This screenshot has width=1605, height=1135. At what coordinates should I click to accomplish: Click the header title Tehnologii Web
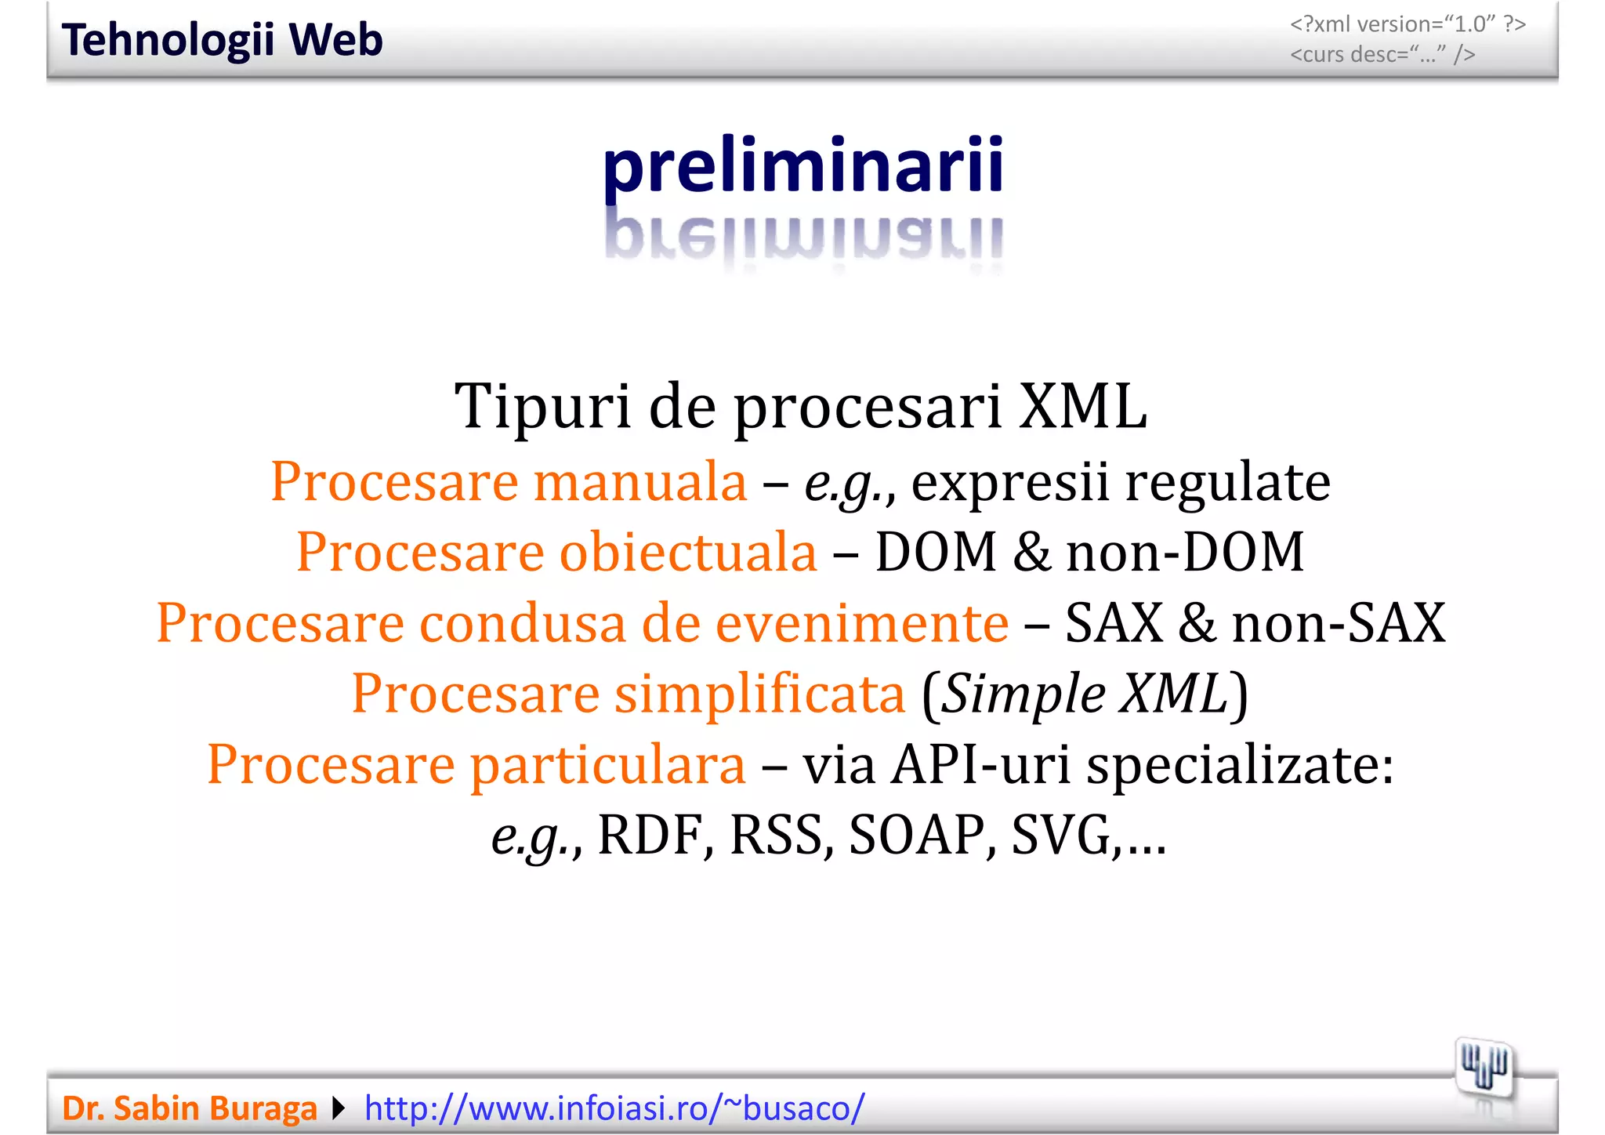click(x=222, y=40)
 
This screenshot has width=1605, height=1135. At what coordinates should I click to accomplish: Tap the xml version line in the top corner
click(x=1408, y=24)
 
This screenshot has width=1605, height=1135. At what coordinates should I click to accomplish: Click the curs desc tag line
click(x=1382, y=55)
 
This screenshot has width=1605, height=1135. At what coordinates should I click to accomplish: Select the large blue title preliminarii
click(x=802, y=165)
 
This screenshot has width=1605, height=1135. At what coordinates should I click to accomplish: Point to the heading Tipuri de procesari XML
click(x=801, y=406)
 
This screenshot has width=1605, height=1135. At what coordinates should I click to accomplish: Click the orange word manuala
click(x=640, y=481)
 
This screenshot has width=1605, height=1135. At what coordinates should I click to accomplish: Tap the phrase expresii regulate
click(x=1121, y=481)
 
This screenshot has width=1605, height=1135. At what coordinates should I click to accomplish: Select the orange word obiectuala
click(x=688, y=552)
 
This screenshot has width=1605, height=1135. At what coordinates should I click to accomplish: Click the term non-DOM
click(x=1185, y=552)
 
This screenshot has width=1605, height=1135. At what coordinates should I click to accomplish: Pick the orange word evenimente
click(x=862, y=623)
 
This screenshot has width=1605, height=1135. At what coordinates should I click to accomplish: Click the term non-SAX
click(x=1339, y=623)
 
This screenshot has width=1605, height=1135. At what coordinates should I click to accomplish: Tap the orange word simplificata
click(x=759, y=694)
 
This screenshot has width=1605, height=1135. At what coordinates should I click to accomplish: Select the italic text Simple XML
click(x=1084, y=694)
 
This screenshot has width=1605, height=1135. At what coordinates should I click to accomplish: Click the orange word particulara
click(x=607, y=764)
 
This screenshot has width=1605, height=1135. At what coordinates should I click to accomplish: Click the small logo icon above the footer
click(x=1484, y=1068)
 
